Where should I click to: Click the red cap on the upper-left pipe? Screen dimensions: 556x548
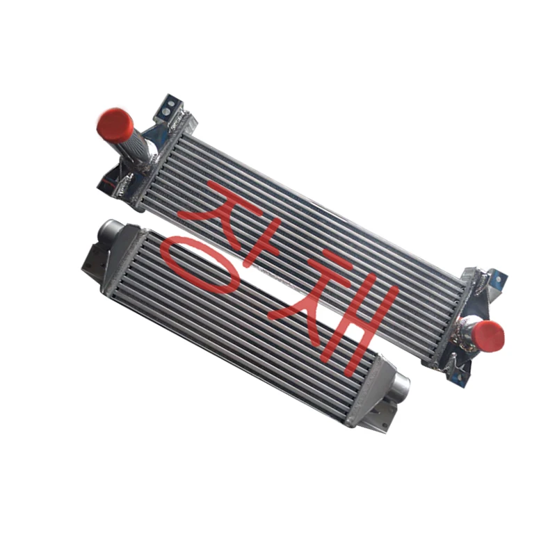pyautogui.click(x=115, y=125)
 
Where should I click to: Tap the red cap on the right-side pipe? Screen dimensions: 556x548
pyautogui.click(x=487, y=335)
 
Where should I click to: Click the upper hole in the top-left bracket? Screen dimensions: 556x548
pyautogui.click(x=170, y=103)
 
